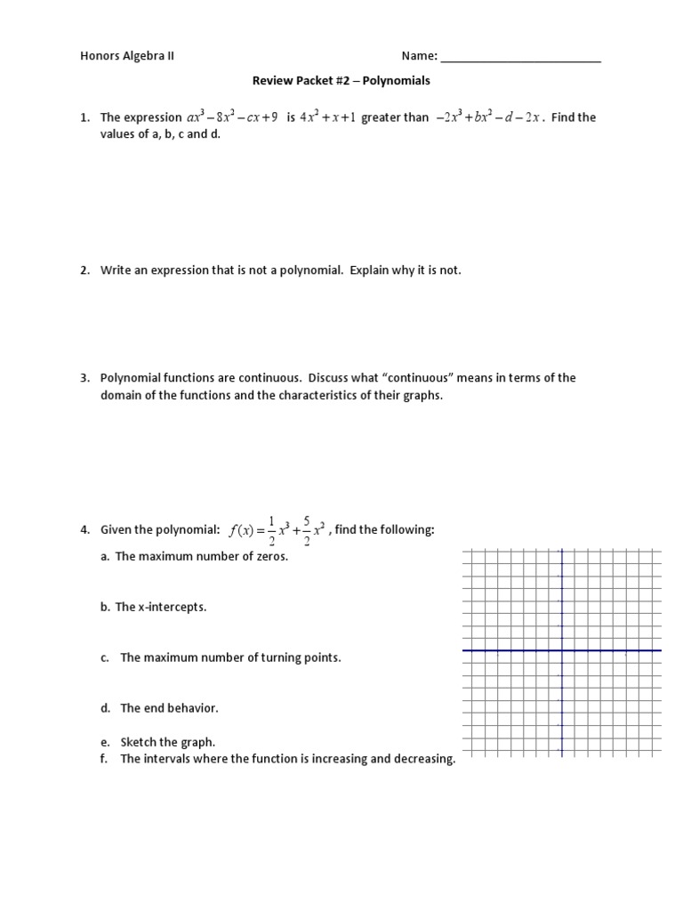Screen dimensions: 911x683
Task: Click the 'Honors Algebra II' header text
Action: coord(127,56)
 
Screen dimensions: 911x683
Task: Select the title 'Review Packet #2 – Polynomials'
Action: coord(341,80)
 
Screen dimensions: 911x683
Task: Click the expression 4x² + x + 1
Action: coord(327,117)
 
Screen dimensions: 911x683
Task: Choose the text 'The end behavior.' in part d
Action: coord(169,708)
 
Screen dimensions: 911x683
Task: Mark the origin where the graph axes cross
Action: coord(561,650)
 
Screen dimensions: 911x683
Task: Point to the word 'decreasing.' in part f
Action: coord(423,759)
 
